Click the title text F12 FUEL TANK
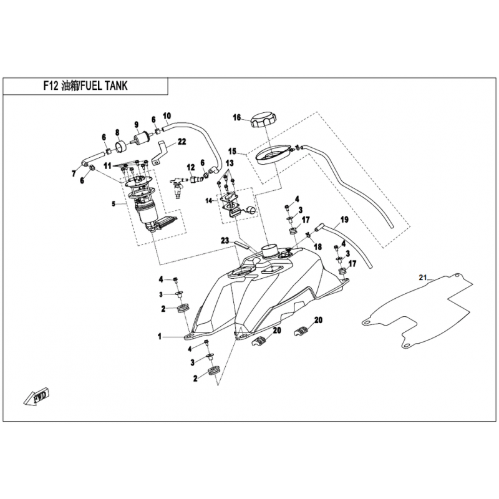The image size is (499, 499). point(85,86)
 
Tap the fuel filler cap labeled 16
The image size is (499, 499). point(263,120)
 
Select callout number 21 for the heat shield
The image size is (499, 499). point(422,278)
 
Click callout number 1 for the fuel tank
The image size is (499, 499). point(160,336)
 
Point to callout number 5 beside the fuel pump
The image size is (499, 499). point(114,204)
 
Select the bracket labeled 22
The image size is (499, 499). point(163,152)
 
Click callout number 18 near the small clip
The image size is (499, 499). point(318,246)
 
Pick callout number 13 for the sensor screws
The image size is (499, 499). point(230,163)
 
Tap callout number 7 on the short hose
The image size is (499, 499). point(74,174)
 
